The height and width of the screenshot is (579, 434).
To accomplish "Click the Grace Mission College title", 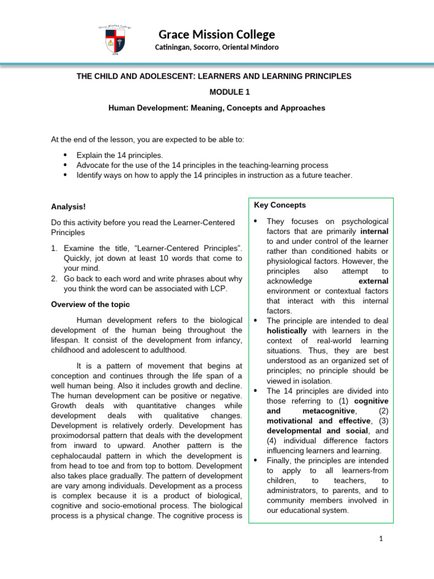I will tap(216, 34).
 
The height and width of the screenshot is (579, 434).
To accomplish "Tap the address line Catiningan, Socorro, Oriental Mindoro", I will tap(216, 47).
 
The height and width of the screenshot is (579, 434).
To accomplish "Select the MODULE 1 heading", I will tap(216, 92).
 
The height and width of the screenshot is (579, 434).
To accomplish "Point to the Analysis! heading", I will tap(68, 207).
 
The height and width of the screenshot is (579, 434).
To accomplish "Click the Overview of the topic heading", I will tap(90, 304).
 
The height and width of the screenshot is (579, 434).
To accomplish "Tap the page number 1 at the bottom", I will tap(381, 539).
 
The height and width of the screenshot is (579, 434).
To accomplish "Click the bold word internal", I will tap(374, 231).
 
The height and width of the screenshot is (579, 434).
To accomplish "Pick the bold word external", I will tap(374, 281).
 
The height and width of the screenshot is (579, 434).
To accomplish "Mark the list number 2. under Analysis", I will tap(54, 279).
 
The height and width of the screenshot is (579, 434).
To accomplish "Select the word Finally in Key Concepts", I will tap(280, 460).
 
